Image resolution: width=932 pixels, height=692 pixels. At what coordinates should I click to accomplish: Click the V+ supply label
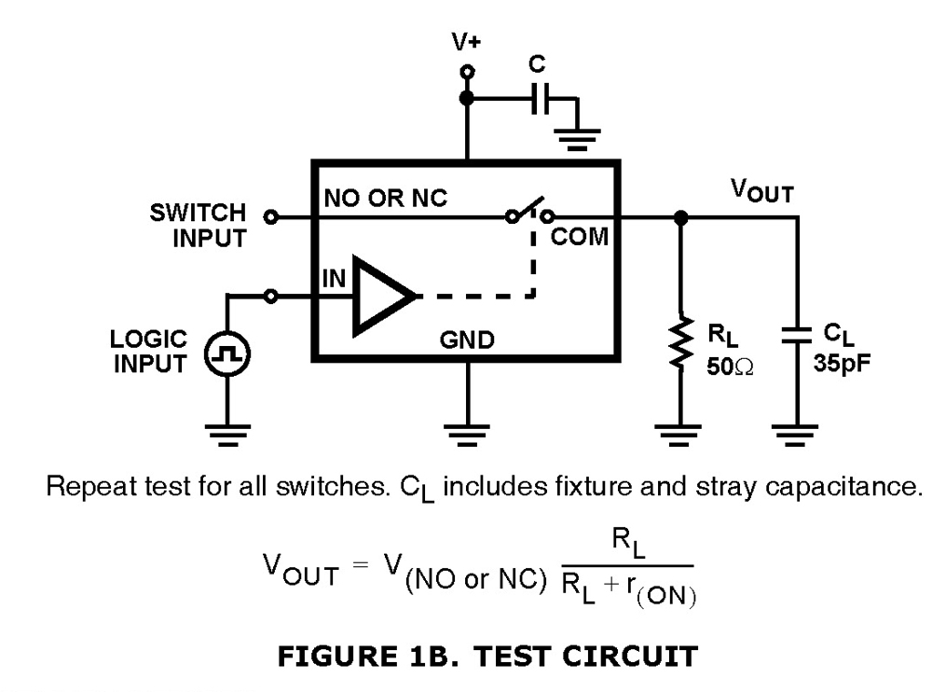coord(465,42)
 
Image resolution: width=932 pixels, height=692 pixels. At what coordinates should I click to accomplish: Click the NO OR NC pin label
coord(386,198)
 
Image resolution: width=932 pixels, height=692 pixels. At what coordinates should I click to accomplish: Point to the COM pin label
coord(580,237)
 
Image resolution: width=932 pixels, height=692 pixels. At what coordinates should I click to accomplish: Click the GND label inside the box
coord(467,340)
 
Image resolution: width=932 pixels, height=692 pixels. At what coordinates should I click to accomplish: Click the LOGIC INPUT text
coord(150,352)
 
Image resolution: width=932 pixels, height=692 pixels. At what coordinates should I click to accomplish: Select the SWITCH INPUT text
coord(198,225)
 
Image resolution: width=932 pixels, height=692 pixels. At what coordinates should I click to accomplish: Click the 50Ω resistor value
coord(727,366)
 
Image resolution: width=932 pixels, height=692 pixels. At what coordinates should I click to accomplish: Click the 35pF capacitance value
coord(843,364)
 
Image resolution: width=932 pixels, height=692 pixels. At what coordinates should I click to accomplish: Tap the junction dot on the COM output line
coord(682,217)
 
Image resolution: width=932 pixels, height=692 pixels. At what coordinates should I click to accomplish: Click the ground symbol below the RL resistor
coord(682,432)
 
